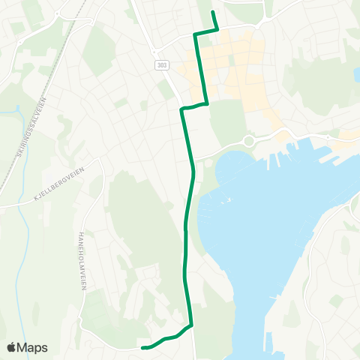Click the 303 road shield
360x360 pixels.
(x=163, y=66)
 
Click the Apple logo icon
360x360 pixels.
(x=12, y=347)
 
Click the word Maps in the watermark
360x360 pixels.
(x=33, y=347)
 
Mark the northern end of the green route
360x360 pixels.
(x=213, y=13)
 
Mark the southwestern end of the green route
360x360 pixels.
(x=143, y=347)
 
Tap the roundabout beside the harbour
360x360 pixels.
(x=248, y=141)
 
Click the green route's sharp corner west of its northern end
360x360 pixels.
(x=196, y=34)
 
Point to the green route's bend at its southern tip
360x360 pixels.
(x=191, y=325)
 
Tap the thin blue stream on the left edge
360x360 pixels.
(x=16, y=112)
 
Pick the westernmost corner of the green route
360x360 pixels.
(x=182, y=109)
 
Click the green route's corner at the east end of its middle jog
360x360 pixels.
(x=206, y=103)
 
